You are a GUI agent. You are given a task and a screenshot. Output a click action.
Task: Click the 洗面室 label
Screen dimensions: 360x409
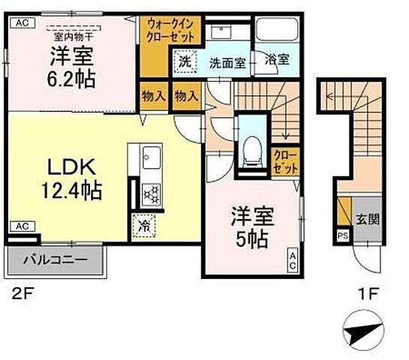227,64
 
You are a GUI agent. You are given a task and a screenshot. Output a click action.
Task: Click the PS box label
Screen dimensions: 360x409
342,235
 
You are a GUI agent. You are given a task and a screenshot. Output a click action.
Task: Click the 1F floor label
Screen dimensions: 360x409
367,295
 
